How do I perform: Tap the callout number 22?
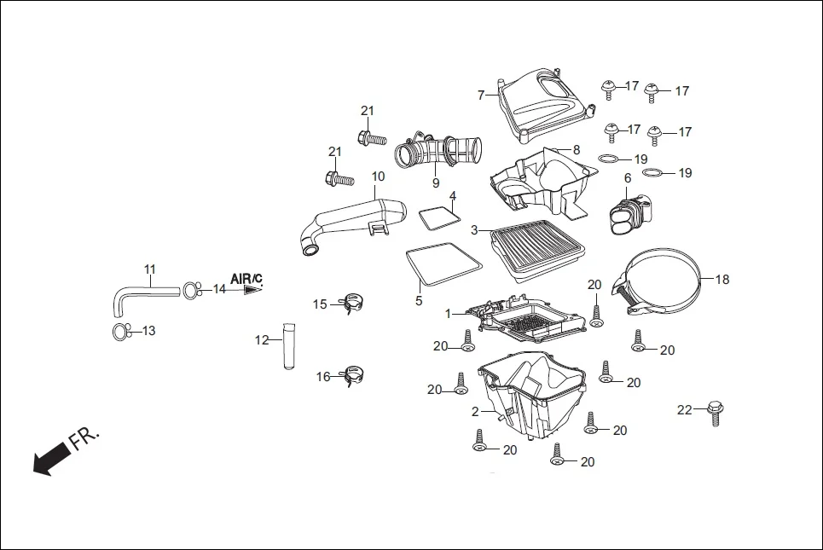[x=684, y=410]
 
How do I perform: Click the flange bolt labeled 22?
[x=715, y=414]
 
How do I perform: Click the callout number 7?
[x=481, y=95]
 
